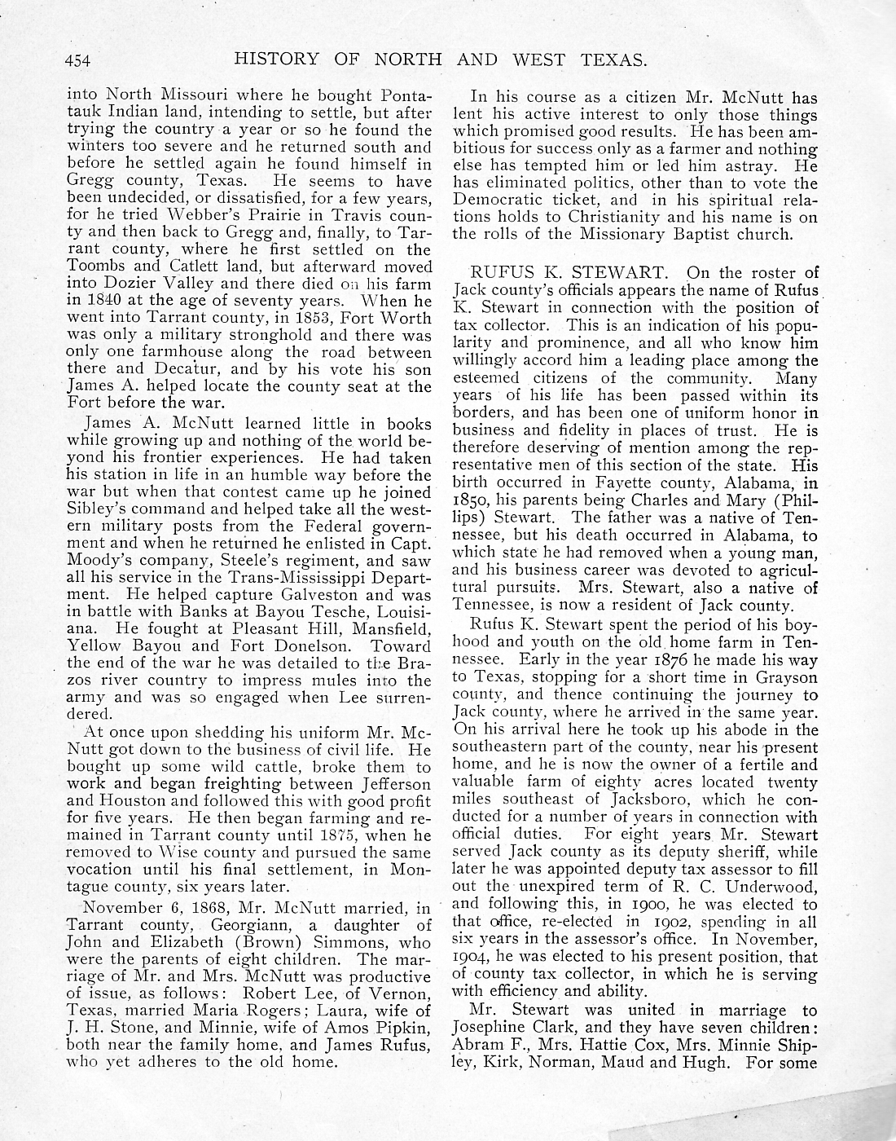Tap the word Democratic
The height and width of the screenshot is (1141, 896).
tap(499, 200)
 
